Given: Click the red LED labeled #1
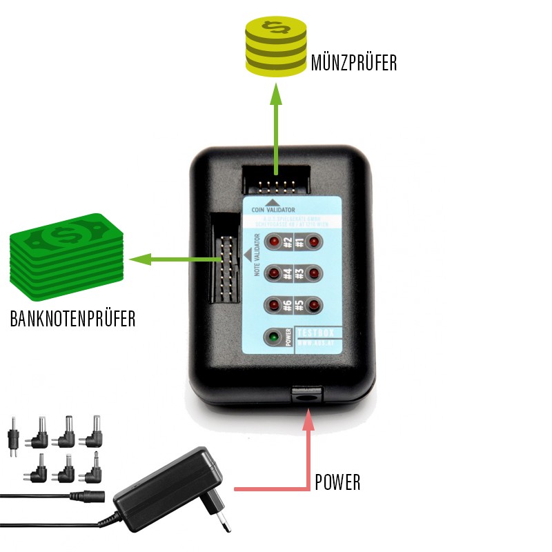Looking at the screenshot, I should (314, 242).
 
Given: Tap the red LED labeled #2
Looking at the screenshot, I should (274, 242).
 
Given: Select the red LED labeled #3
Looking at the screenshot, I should (314, 274).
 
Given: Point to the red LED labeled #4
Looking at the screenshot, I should (274, 274).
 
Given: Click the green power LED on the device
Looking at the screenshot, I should (274, 338).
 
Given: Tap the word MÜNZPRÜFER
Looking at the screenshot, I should (354, 64).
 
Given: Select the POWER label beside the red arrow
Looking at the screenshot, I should (337, 482).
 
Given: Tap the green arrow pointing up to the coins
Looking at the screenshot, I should (276, 131).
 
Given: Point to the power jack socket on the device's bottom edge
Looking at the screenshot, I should (306, 395).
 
